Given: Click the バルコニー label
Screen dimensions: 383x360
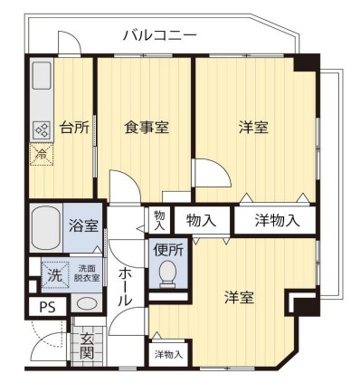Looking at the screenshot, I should [x=159, y=35].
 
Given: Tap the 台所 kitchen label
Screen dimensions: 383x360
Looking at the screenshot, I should [x=73, y=128].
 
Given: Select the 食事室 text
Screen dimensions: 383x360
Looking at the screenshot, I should [x=146, y=128].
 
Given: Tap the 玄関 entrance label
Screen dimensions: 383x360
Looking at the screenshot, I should [x=86, y=344].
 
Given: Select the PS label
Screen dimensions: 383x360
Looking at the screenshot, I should [x=47, y=307].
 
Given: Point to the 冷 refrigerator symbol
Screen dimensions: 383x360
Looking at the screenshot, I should [x=41, y=154].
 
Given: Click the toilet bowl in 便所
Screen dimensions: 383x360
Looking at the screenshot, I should [x=167, y=273].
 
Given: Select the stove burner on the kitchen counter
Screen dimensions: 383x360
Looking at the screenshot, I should [x=42, y=129].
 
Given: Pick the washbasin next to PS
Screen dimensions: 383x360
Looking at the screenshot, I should [x=84, y=304].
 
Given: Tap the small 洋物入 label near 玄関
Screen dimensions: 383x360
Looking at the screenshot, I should [x=167, y=354].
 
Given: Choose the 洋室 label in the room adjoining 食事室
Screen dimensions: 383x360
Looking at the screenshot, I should [x=252, y=128].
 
